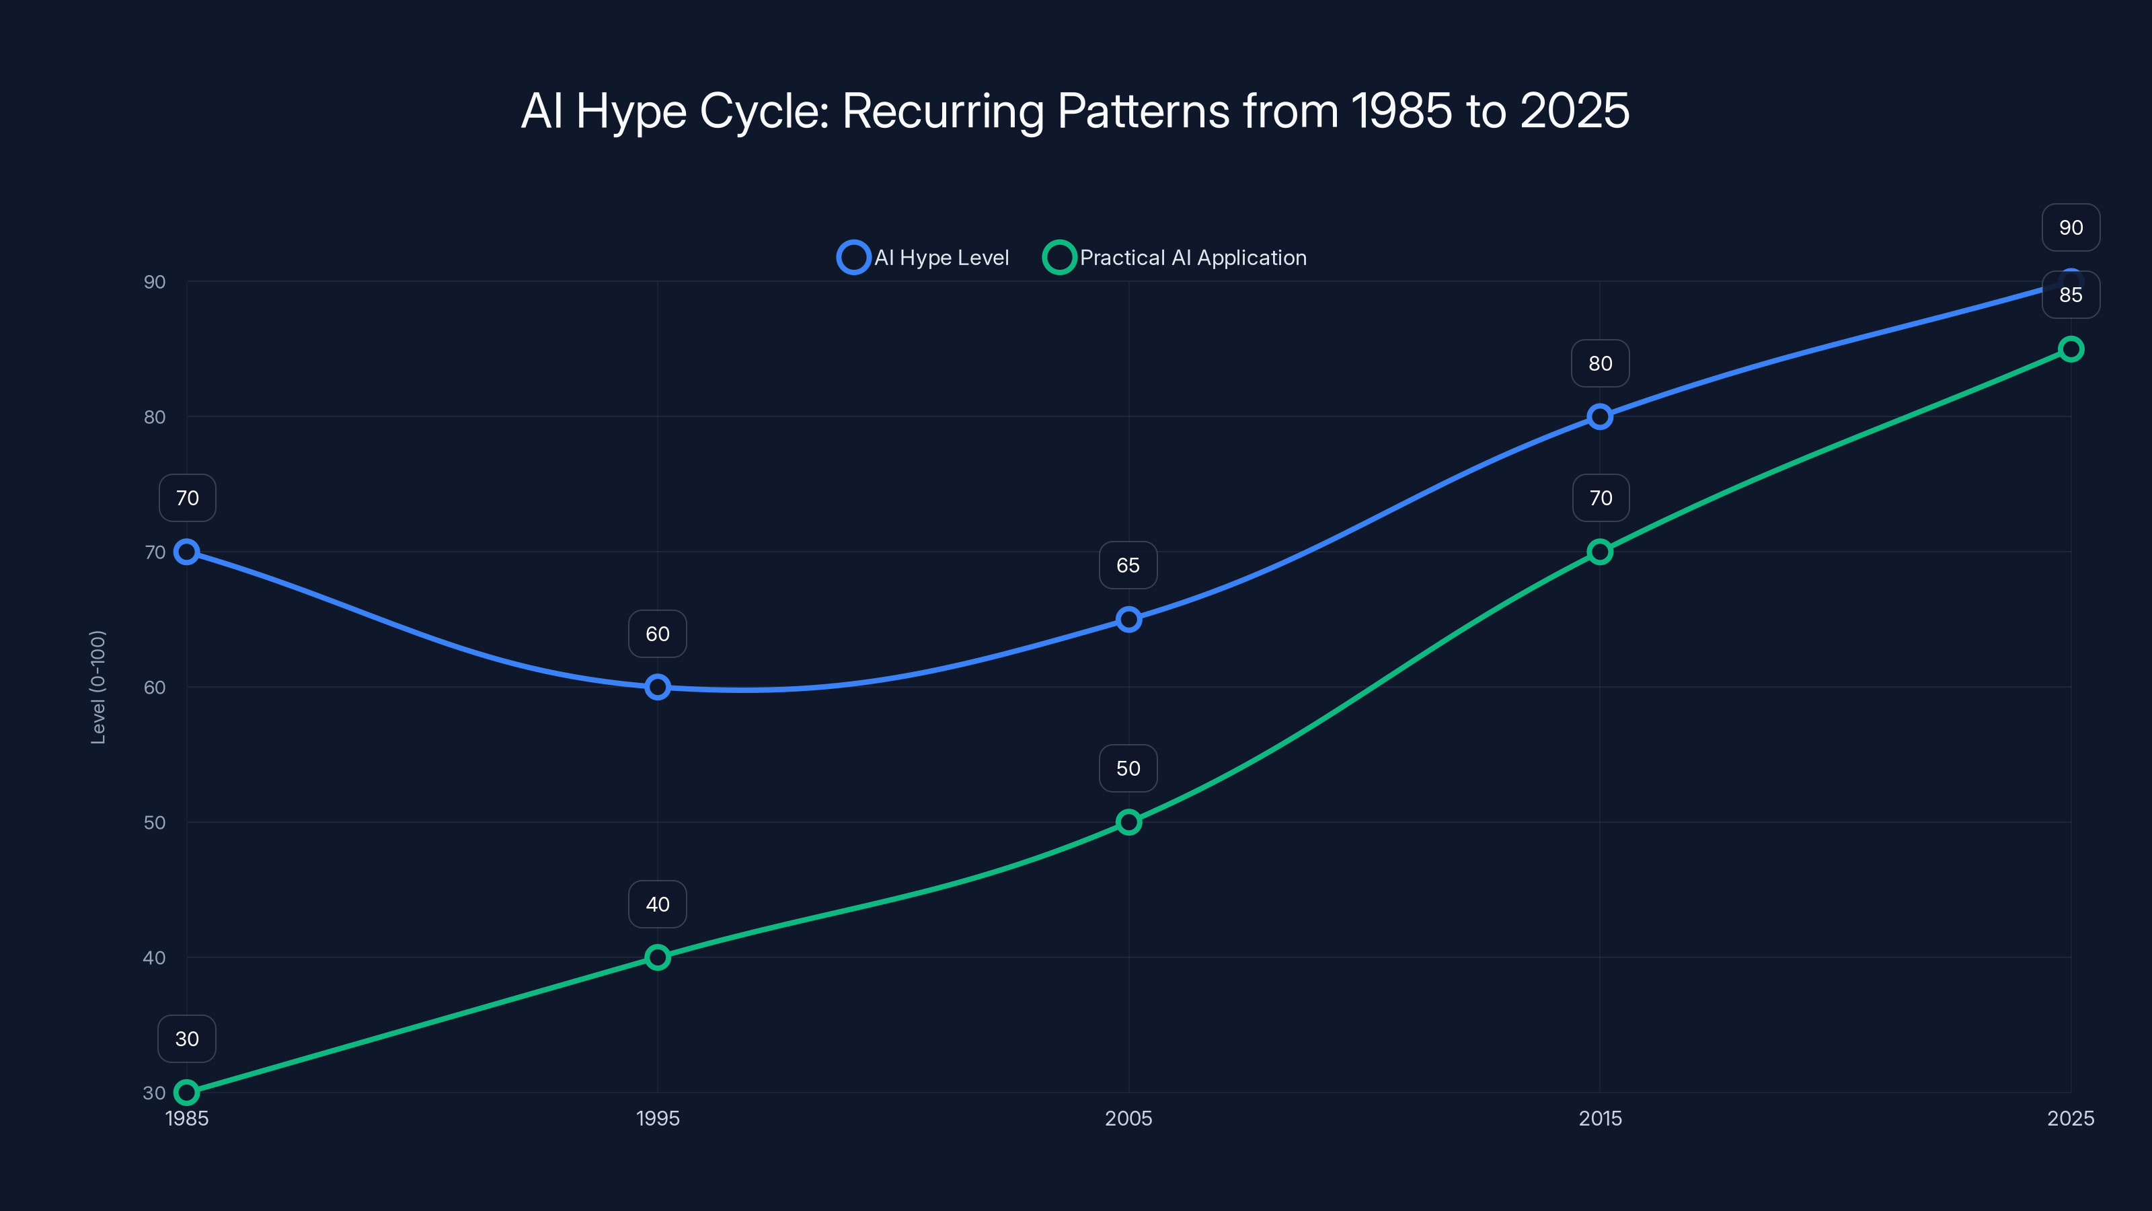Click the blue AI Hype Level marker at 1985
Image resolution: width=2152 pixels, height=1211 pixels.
coord(186,552)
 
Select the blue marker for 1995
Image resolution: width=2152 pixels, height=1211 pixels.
coord(658,687)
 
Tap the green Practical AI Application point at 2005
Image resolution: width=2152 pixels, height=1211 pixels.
coord(1128,822)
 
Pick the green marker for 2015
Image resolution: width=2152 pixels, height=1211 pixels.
coord(1600,552)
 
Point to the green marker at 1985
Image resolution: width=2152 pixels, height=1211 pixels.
coord(186,1093)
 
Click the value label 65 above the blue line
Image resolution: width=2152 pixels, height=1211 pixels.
coord(1128,566)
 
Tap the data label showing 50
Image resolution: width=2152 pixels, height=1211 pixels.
coord(1128,769)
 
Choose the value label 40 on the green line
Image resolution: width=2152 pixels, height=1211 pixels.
coord(658,904)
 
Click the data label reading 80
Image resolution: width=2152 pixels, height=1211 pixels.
coord(1600,363)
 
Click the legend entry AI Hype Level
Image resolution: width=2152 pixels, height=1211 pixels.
coord(924,258)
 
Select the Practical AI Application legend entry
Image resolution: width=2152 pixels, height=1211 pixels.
coord(1176,258)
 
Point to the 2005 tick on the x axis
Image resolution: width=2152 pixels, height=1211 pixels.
coord(1128,1118)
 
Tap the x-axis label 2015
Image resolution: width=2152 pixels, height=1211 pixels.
coord(1600,1118)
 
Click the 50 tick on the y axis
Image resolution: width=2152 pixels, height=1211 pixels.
coord(155,822)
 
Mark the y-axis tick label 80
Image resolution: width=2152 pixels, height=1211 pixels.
coord(155,417)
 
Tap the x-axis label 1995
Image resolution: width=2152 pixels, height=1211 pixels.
coord(658,1118)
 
